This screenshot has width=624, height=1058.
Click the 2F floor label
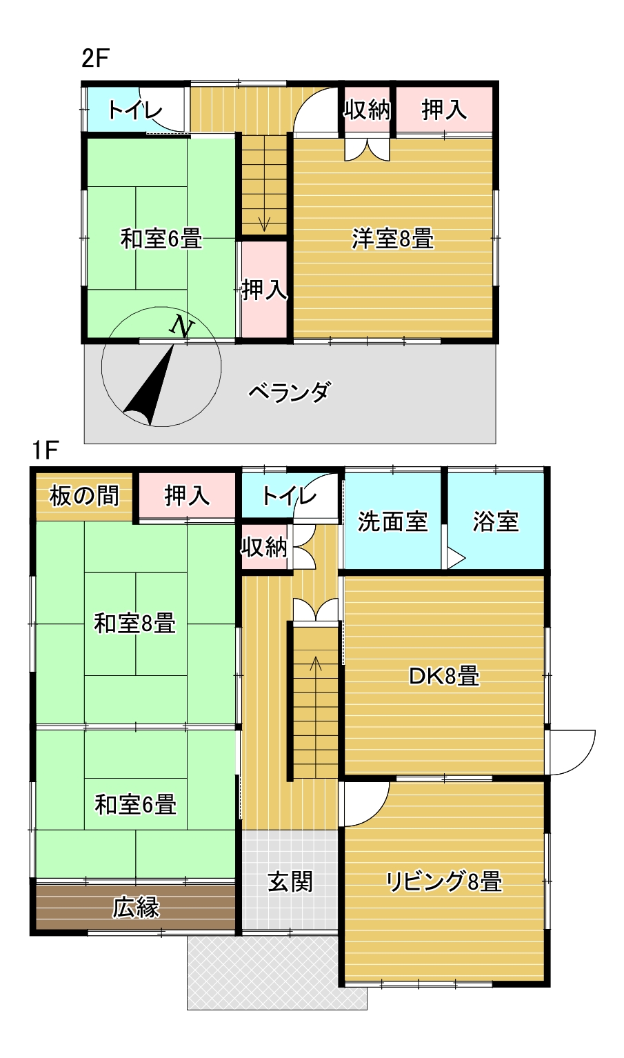(x=95, y=59)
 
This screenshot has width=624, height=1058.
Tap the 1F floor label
(x=44, y=450)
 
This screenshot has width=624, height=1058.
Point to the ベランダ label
(x=290, y=392)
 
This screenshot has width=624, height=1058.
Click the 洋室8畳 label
(x=392, y=239)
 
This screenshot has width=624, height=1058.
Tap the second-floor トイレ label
(x=135, y=110)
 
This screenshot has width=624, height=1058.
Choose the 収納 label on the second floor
(x=368, y=110)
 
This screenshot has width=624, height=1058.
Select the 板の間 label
(x=84, y=495)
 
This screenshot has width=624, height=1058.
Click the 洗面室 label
(x=392, y=521)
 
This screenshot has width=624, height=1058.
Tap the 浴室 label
(x=496, y=521)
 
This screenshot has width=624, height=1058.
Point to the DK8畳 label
(x=444, y=676)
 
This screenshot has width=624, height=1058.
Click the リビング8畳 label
(x=444, y=881)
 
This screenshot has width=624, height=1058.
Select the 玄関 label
(x=290, y=881)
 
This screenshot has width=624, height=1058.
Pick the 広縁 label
(x=137, y=908)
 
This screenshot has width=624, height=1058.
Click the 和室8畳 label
(x=135, y=623)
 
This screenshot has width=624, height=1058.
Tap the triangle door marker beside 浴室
(x=455, y=558)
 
